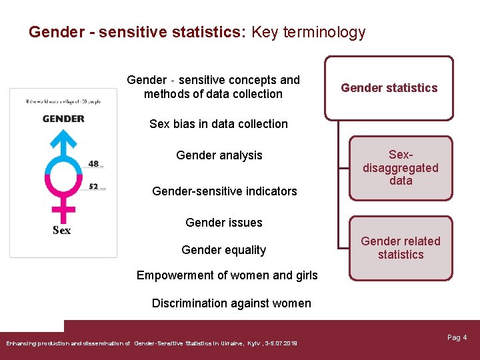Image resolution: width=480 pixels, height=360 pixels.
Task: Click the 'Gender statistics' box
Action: [x=389, y=88]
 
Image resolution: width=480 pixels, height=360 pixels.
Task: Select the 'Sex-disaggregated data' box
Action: [x=400, y=168]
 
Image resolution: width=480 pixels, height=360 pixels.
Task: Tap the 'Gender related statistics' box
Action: [x=400, y=247]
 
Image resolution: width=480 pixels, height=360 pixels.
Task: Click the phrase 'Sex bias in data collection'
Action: [x=219, y=124]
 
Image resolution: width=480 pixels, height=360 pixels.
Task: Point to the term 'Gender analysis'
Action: [x=219, y=155]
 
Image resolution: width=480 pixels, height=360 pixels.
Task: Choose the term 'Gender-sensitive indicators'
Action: [x=224, y=191]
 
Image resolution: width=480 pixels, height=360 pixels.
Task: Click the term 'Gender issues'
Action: [x=223, y=223]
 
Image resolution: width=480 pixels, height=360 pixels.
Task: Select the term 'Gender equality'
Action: [x=223, y=250]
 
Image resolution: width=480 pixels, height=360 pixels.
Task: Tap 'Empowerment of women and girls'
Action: [x=227, y=275]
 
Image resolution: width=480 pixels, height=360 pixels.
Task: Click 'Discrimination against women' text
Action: [x=231, y=303]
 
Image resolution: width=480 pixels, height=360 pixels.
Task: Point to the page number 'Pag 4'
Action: [x=457, y=337]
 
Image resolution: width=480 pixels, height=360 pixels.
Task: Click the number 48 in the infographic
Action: [x=93, y=163]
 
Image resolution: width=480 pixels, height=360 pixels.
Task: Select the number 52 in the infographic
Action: [x=93, y=187]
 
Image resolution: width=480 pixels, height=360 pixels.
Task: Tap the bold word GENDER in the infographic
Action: [x=63, y=119]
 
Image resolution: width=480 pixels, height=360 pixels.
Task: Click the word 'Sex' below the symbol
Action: [x=61, y=231]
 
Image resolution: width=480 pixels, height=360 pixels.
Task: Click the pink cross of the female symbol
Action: [x=63, y=212]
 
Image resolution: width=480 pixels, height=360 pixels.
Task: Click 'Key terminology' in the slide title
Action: [x=308, y=32]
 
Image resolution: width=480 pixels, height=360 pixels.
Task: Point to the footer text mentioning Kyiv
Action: [x=152, y=343]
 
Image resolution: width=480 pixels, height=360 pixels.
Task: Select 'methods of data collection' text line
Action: [x=213, y=94]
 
